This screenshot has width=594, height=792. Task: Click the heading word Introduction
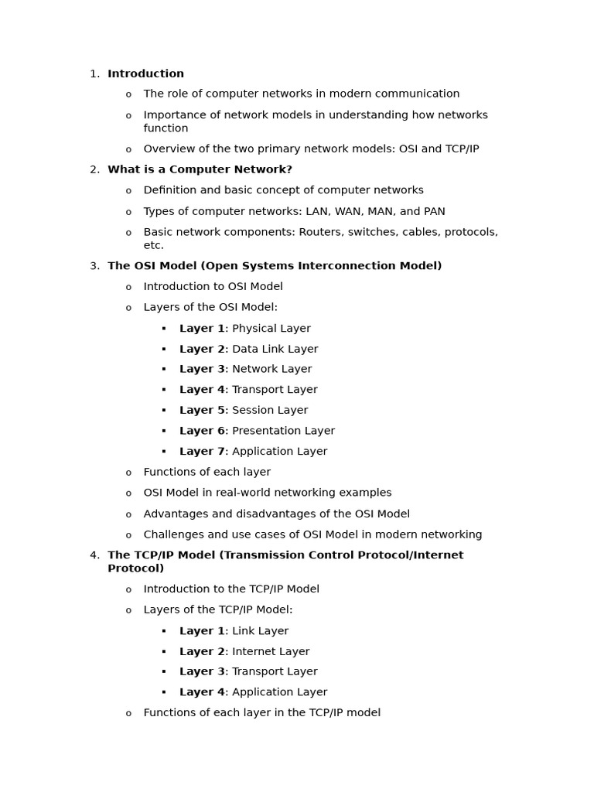click(145, 74)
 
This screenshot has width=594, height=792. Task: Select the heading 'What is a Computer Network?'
click(200, 169)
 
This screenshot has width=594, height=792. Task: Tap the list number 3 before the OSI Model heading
click(94, 266)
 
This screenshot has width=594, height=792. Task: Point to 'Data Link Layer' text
click(275, 350)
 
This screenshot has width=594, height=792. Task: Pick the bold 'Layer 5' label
click(202, 411)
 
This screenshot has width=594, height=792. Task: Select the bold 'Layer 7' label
click(202, 452)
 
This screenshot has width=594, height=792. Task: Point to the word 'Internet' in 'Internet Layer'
click(254, 652)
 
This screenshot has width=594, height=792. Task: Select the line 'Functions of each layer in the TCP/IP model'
click(261, 713)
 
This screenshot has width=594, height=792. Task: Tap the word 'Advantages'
click(174, 514)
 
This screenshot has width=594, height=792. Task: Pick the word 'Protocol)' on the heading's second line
click(135, 568)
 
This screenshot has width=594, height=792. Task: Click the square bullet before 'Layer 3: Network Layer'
click(164, 370)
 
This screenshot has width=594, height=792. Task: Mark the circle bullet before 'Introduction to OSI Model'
click(128, 288)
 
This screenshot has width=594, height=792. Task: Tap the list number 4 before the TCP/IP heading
click(94, 555)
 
